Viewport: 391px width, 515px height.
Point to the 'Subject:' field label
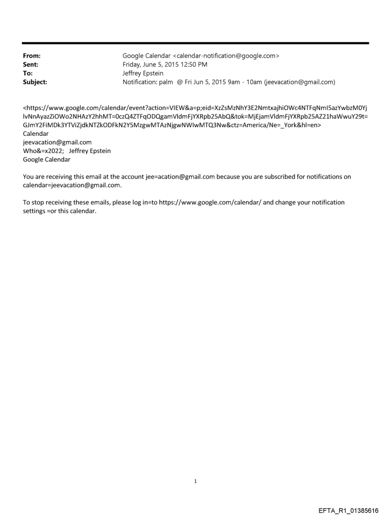pos(35,82)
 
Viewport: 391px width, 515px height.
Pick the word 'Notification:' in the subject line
pos(140,82)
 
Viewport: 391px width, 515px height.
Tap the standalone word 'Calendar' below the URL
pos(36,134)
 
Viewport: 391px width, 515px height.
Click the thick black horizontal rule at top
pos(195,43)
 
